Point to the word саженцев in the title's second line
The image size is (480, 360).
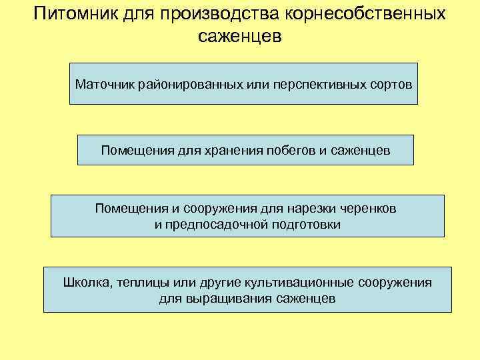[240, 37]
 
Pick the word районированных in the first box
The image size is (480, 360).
[178, 85]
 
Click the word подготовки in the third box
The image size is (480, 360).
[306, 225]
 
